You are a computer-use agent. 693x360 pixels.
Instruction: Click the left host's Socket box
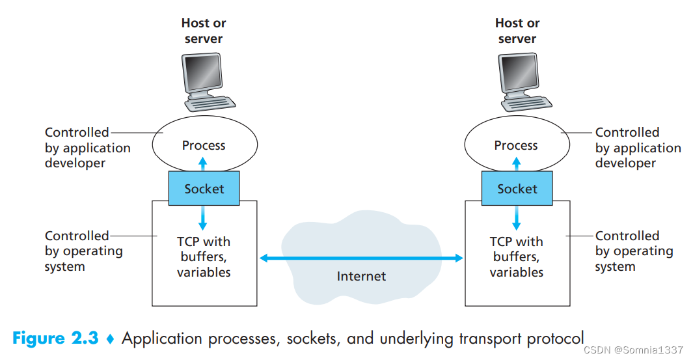[204, 189]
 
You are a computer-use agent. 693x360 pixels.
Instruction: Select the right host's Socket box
[517, 189]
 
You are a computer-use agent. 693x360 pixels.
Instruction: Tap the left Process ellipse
[204, 145]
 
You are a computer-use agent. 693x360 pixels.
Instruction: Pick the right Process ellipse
[516, 145]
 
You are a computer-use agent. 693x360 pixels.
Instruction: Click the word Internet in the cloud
[361, 276]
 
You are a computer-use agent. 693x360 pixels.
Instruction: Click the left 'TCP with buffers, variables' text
[204, 256]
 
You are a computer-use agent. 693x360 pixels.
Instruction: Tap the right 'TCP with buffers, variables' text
[516, 256]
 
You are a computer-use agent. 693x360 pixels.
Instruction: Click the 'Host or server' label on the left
[204, 31]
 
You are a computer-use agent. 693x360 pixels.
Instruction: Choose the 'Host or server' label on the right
[517, 31]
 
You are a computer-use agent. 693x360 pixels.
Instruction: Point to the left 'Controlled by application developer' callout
[87, 148]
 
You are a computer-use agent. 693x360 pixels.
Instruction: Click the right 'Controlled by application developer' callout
[638, 148]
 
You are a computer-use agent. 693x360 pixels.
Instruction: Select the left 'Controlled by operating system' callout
[83, 251]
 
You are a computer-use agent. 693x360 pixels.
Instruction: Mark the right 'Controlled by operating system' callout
[634, 251]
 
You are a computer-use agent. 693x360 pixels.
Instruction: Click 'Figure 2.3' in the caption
[55, 339]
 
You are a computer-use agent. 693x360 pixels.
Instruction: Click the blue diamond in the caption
[110, 339]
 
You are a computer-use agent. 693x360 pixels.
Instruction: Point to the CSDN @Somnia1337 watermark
[633, 350]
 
